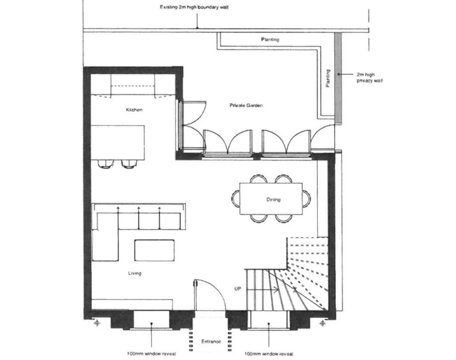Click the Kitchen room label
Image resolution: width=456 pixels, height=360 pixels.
134,110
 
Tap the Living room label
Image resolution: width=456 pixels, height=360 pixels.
134,273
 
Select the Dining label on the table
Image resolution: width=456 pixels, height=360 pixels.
273,200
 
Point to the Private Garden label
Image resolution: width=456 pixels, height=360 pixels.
246,106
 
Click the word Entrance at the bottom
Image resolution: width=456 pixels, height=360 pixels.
211,341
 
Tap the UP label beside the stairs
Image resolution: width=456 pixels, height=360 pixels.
237,289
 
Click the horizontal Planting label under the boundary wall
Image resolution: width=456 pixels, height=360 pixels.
270,40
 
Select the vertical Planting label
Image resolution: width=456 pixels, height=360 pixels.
328,78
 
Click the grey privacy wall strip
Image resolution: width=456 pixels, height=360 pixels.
338,78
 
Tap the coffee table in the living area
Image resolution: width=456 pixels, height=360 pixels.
155,250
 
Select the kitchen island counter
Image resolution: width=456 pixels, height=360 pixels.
118,142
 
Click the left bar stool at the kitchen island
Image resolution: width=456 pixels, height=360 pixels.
105,164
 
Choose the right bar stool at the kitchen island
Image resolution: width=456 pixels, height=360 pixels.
128,164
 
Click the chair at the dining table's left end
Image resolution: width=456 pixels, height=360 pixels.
236,197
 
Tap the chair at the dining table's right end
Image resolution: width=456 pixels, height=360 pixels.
306,197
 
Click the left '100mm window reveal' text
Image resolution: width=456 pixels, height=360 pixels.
151,354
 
